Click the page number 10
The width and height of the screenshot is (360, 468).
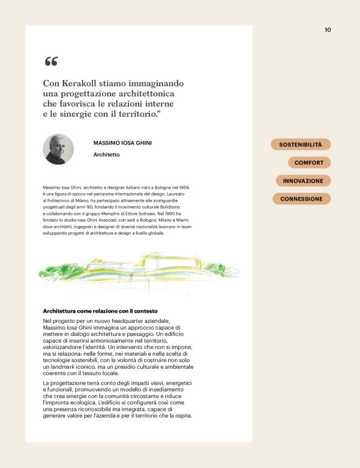(x=328, y=29)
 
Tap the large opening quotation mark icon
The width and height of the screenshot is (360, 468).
(x=51, y=61)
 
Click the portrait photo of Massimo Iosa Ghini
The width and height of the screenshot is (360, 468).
(x=58, y=149)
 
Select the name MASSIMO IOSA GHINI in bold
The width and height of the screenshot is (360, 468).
(x=122, y=143)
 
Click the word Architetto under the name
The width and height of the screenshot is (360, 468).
(x=106, y=155)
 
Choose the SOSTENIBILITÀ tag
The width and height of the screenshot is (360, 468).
(x=300, y=145)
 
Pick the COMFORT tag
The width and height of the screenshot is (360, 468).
(x=309, y=163)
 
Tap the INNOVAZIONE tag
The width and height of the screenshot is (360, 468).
(x=303, y=181)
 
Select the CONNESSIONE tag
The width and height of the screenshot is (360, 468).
(x=301, y=199)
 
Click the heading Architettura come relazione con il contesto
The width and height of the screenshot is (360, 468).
(x=100, y=310)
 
